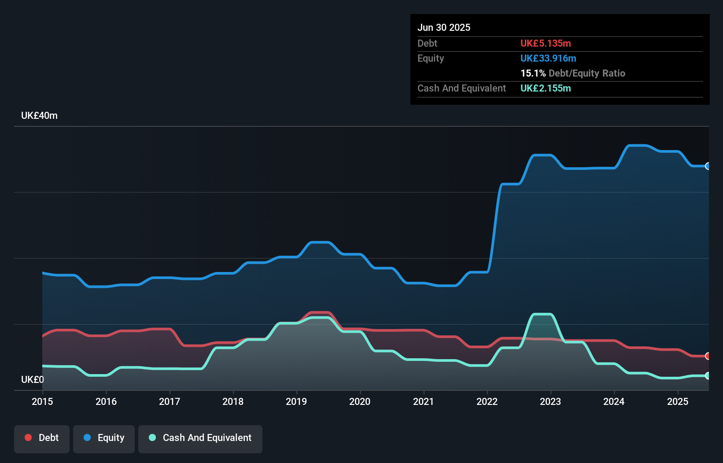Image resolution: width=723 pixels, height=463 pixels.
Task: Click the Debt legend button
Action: click(x=42, y=438)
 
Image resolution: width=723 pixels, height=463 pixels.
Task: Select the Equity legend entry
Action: click(x=104, y=438)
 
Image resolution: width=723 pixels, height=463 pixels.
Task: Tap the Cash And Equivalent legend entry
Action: click(x=200, y=438)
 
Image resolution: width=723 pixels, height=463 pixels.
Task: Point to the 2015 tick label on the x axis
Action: click(x=42, y=401)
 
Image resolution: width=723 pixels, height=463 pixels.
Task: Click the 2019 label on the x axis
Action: click(x=296, y=401)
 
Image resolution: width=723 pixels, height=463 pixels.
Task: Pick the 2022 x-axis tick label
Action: click(x=487, y=401)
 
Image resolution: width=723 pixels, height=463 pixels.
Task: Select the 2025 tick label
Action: click(x=678, y=401)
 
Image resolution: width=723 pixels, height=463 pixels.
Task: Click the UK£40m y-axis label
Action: click(x=39, y=116)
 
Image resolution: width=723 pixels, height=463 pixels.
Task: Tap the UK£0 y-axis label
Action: click(x=33, y=379)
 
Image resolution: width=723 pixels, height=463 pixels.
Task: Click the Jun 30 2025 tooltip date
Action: click(x=444, y=28)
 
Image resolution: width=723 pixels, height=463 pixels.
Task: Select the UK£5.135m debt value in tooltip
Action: click(x=546, y=44)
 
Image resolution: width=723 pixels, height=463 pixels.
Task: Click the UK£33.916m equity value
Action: click(x=548, y=59)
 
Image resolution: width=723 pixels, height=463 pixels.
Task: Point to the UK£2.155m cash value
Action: click(x=546, y=88)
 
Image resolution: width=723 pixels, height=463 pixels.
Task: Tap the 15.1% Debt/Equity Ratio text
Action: click(x=572, y=73)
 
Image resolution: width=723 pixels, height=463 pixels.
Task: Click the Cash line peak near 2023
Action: click(x=542, y=314)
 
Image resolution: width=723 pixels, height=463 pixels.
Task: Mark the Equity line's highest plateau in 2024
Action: click(x=638, y=145)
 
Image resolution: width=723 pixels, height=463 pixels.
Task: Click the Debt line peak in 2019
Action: click(x=320, y=312)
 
